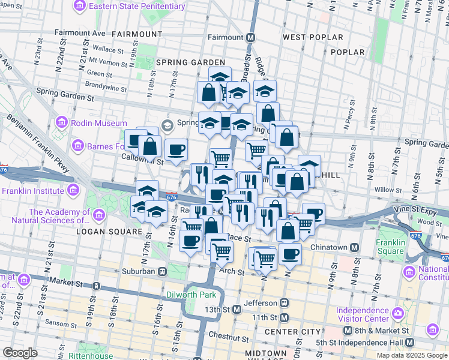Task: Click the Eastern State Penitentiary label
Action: coord(137,6)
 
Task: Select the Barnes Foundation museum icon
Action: coord(77,145)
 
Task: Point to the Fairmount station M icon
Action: coord(250,37)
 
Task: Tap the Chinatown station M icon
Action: coord(354,247)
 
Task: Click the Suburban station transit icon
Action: coord(162,271)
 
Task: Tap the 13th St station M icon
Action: coord(237,310)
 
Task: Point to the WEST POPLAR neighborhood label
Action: coord(313,37)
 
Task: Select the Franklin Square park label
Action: coord(391,247)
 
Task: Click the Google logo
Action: coord(20,353)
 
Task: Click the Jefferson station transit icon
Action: coord(284,303)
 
